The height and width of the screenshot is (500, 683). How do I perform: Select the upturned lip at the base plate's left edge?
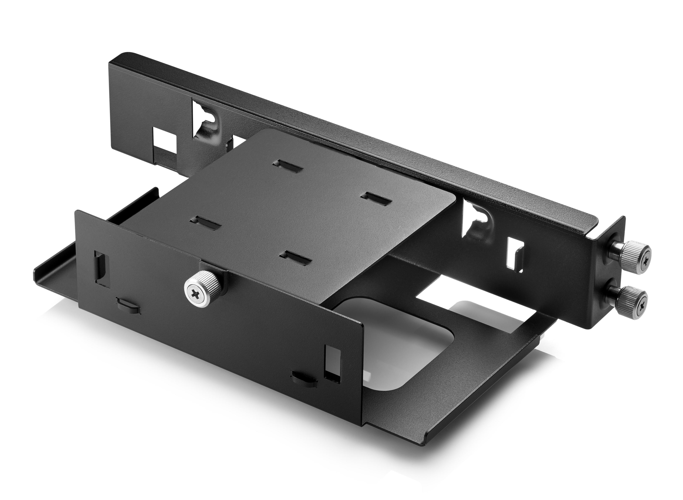click(x=45, y=269)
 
